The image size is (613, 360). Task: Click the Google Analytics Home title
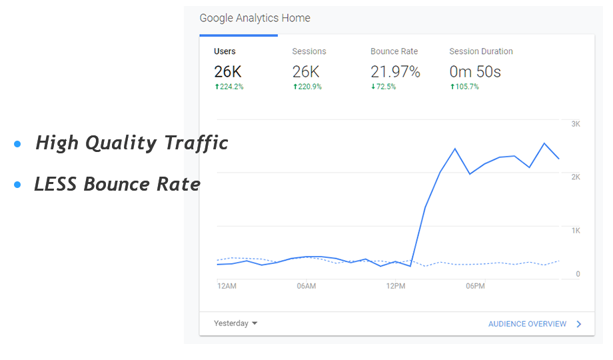[x=255, y=19]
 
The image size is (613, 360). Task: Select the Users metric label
[x=225, y=51]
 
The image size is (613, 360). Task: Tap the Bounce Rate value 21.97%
[x=395, y=72]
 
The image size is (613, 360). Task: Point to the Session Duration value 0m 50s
[x=475, y=72]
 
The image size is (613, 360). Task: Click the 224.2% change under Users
[x=229, y=87]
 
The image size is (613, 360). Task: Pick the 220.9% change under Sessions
[x=307, y=87]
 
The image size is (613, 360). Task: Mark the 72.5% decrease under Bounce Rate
[x=383, y=87]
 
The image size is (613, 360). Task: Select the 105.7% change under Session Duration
[x=464, y=87]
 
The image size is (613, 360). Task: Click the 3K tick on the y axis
[x=576, y=124]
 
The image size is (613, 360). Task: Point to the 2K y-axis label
[x=576, y=177]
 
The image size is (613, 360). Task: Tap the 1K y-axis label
[x=576, y=230]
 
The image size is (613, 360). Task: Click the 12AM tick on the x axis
[x=227, y=286]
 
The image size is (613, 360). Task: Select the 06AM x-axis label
[x=306, y=286]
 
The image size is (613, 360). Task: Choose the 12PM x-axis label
[x=396, y=286]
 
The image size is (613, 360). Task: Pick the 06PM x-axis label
[x=475, y=286]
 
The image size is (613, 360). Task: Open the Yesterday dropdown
[x=235, y=323]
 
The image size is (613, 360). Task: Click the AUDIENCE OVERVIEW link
[x=528, y=324]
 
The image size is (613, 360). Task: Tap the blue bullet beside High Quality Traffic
[x=17, y=144]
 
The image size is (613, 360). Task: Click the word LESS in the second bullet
[x=56, y=184]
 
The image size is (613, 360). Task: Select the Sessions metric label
[x=309, y=51]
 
